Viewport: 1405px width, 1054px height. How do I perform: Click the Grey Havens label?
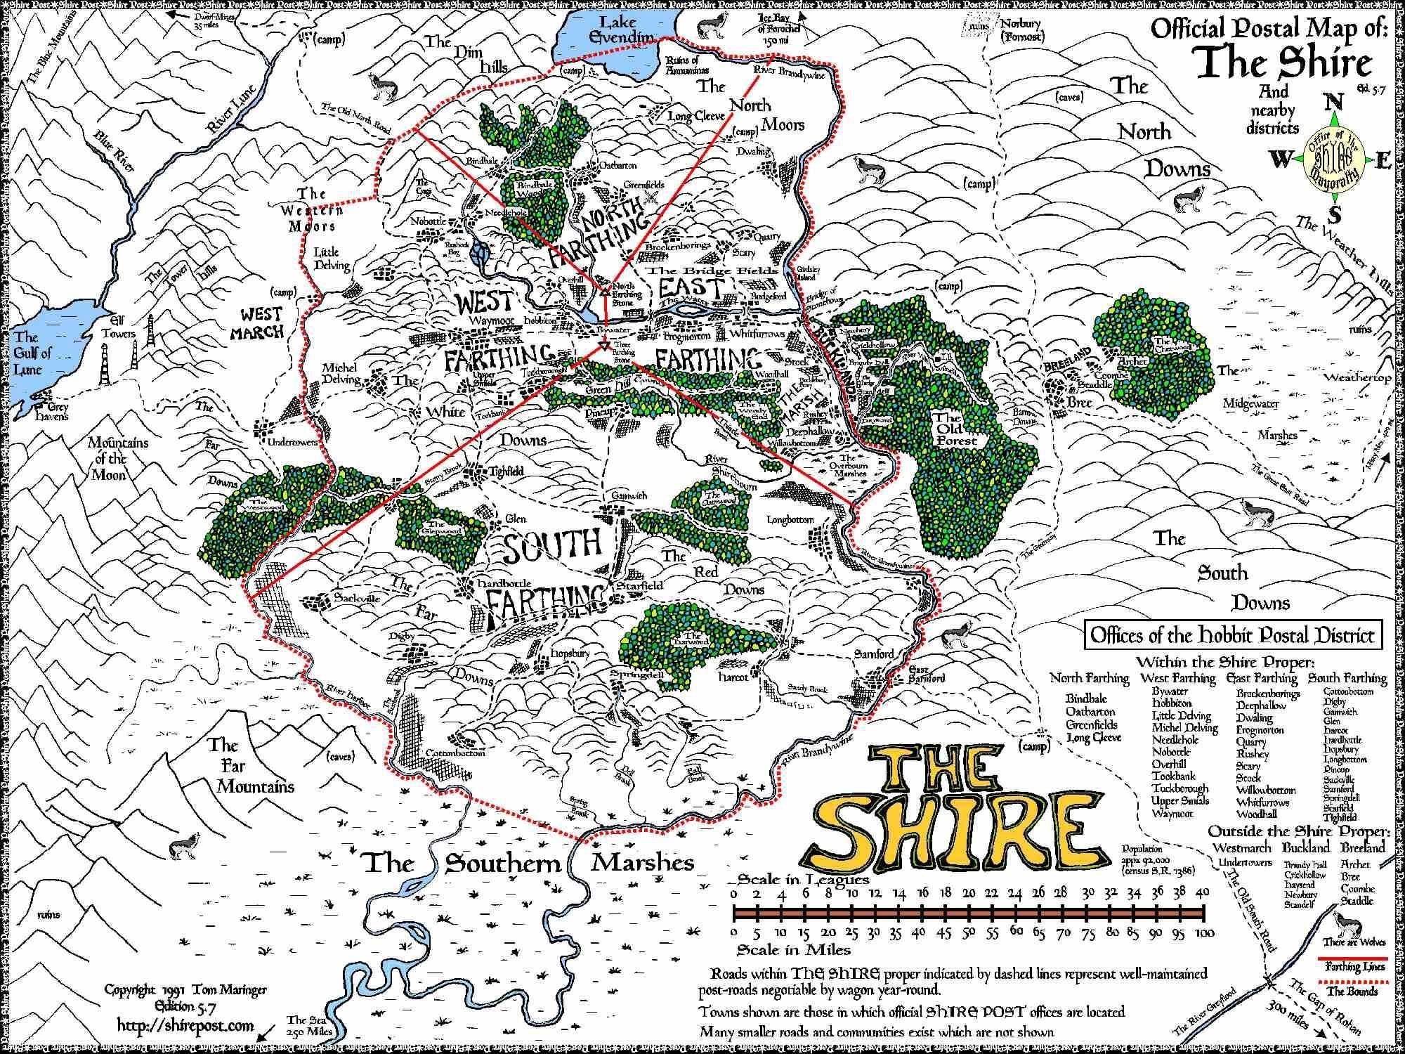[x=49, y=411]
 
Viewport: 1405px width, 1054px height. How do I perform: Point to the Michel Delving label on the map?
[x=341, y=374]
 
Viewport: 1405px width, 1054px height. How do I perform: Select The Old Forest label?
[x=955, y=429]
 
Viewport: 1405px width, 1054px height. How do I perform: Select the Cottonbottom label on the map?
[x=455, y=753]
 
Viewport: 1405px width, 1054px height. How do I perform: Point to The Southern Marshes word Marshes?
[x=642, y=862]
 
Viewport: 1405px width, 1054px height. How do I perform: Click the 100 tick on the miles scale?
[x=1204, y=933]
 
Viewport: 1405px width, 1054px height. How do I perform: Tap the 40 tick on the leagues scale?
[x=1202, y=893]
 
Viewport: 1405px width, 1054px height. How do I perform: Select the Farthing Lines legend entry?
[x=1354, y=967]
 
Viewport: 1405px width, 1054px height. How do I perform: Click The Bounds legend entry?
[x=1354, y=992]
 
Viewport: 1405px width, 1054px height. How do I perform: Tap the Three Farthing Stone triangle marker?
[x=604, y=347]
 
